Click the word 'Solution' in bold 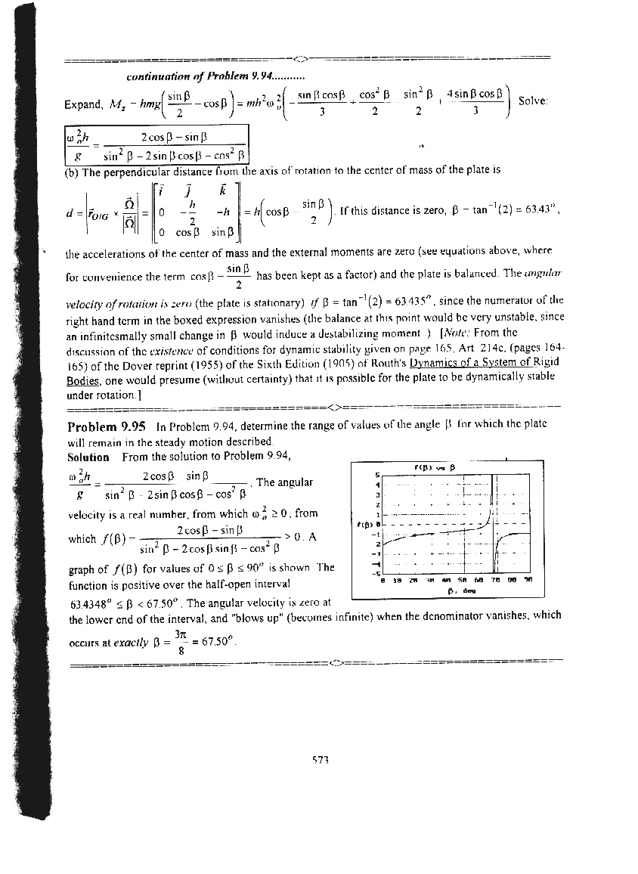point(88,457)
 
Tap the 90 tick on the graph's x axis point(528,580)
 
